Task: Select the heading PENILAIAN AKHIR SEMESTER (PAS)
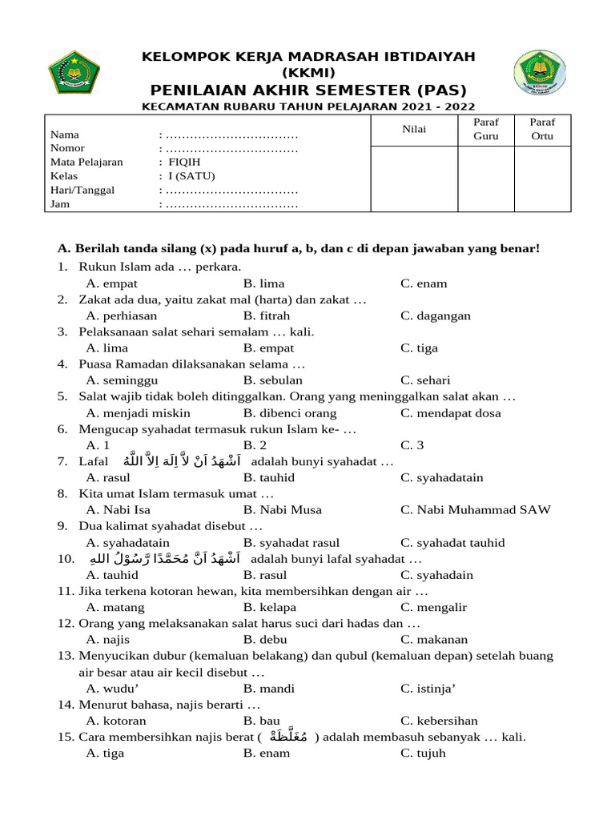(308, 89)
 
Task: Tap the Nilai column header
(414, 129)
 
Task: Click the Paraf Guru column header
(485, 129)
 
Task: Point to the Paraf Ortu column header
(542, 129)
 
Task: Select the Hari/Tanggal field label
(82, 190)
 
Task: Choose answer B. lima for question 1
(263, 283)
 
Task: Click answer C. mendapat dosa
(451, 413)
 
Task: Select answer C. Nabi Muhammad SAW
(476, 510)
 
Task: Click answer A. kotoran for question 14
(116, 721)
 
